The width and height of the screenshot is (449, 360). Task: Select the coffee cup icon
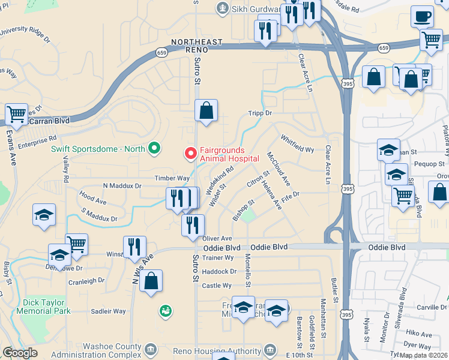tap(423, 16)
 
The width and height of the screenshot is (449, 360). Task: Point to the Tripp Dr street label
tap(260, 113)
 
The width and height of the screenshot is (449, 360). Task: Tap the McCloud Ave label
tap(279, 169)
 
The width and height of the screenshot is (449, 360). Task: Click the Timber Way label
tap(172, 178)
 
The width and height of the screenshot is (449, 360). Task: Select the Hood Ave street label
tap(92, 196)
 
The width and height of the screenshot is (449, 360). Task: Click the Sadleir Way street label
tap(108, 311)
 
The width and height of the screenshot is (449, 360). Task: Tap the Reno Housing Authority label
tap(224, 350)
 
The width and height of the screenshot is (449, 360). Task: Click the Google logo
tap(20, 353)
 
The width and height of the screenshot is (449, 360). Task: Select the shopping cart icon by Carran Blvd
tap(16, 113)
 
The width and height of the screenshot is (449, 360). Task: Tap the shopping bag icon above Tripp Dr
tap(206, 110)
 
